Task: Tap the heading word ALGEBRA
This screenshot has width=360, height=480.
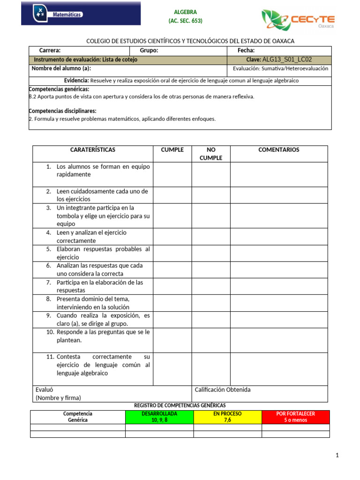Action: (186, 12)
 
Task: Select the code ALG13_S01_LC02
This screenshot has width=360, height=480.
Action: (287, 60)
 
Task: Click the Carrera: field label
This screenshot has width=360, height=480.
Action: (50, 51)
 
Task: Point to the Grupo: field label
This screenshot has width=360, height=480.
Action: (149, 51)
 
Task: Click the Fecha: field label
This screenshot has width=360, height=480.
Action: (246, 51)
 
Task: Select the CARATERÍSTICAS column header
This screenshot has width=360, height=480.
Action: (92, 150)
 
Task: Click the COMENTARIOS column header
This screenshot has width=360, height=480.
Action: (278, 150)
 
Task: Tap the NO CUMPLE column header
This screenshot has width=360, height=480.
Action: (210, 154)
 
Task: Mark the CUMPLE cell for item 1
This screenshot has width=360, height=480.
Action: (172, 174)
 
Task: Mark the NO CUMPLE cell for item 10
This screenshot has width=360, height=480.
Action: (210, 340)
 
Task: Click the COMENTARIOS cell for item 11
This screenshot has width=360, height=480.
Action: (278, 369)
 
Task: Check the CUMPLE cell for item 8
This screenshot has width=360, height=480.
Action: (172, 303)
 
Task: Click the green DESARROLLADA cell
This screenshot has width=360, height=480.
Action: (159, 417)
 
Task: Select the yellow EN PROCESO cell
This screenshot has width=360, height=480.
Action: (227, 417)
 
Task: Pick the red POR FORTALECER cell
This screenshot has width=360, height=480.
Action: (295, 417)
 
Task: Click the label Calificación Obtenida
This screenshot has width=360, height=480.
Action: (222, 390)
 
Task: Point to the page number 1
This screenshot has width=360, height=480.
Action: (337, 455)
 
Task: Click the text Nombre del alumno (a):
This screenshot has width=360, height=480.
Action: (61, 69)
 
